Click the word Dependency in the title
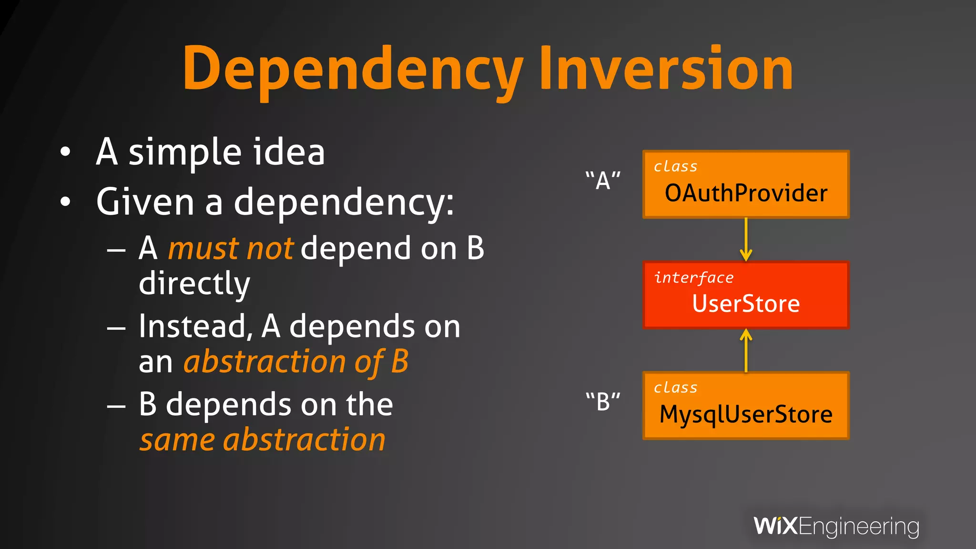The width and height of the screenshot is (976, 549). coord(353,71)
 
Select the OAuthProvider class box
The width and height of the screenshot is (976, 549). coord(746,185)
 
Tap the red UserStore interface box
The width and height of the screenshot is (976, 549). coord(746,295)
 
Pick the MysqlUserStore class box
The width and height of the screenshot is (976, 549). coord(746,406)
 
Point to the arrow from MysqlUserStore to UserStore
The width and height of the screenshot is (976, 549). coord(746,351)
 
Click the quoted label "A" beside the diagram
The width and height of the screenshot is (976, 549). coord(603,180)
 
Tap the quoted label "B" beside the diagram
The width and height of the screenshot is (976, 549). coord(603,401)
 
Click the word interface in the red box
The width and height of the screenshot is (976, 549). coord(694,278)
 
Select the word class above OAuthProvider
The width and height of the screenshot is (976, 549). coord(675,166)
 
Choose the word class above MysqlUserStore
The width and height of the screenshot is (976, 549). coord(675,387)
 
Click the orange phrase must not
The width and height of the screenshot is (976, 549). coord(231,249)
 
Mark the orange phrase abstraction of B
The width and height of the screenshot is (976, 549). coord(296,362)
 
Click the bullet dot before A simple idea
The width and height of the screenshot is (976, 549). coord(65,152)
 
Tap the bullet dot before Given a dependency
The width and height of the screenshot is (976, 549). coord(65,202)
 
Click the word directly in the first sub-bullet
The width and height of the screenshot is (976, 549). coord(194,284)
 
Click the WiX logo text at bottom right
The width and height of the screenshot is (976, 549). coord(775,526)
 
